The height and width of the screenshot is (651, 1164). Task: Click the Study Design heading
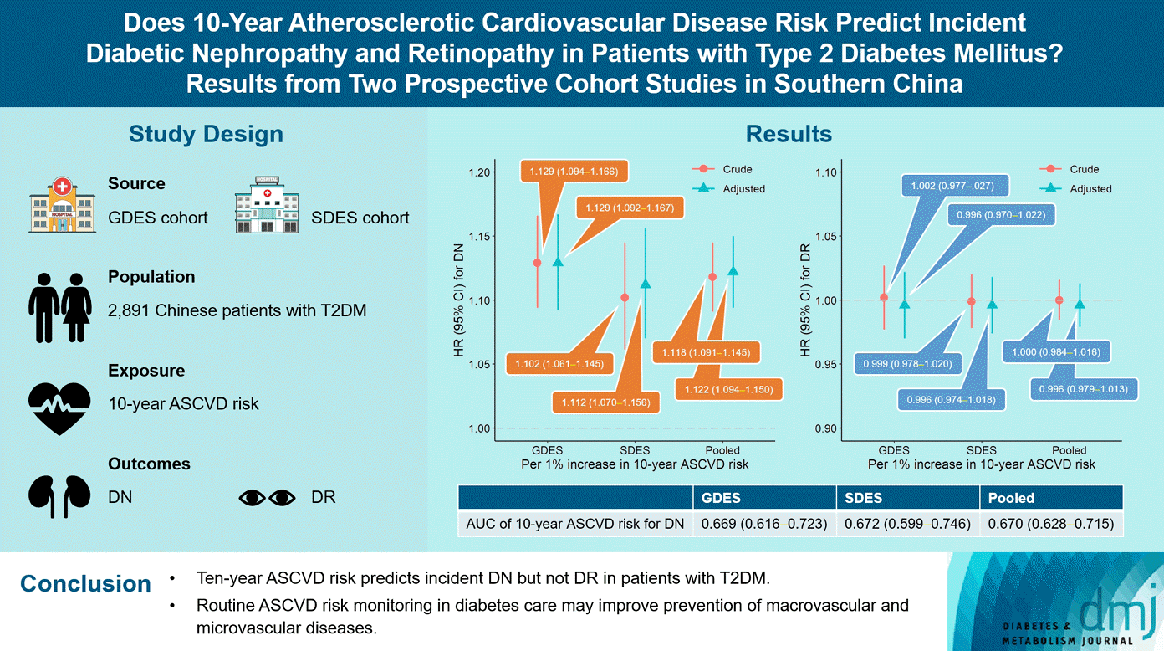tap(206, 134)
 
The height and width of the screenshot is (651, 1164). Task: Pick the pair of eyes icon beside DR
tap(268, 498)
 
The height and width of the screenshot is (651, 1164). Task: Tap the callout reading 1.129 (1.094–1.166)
tap(574, 172)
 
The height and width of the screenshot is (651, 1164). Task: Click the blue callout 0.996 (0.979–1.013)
tap(1083, 389)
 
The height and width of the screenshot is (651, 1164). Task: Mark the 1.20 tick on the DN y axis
tap(480, 172)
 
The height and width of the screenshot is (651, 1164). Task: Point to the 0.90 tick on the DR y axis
tap(825, 428)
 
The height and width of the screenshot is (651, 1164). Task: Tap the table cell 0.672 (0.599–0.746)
tap(907, 525)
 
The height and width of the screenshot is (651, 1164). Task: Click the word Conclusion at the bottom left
tap(85, 584)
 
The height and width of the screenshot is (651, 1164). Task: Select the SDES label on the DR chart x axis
tap(982, 450)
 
